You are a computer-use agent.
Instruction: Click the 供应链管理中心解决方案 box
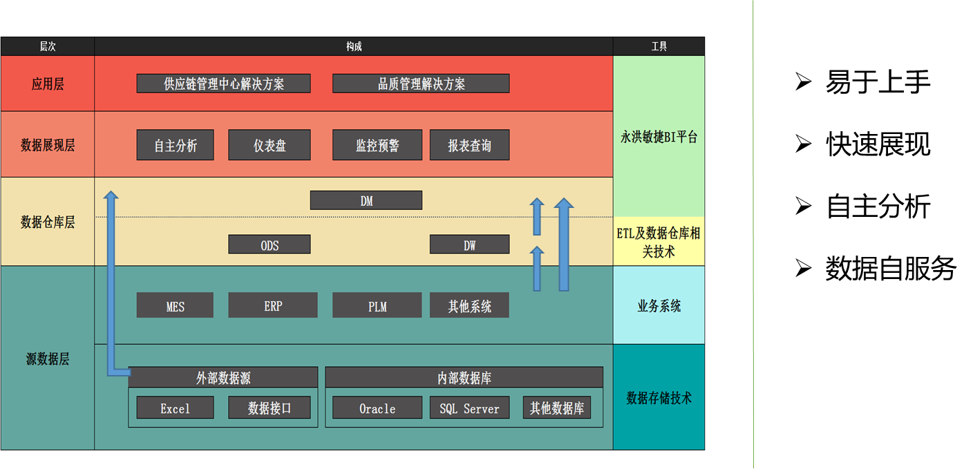[223, 84]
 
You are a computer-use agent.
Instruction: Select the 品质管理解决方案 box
[421, 84]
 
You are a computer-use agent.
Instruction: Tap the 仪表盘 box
[270, 145]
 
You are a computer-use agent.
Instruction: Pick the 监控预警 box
[377, 145]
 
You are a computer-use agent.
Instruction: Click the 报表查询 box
[469, 145]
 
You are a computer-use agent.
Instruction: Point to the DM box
[366, 200]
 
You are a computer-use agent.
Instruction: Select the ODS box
[270, 245]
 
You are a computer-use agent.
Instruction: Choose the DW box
[469, 245]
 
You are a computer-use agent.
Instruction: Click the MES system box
[175, 305]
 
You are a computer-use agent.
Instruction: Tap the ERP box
[273, 305]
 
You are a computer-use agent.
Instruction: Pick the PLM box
[377, 305]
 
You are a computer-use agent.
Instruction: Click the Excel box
[175, 408]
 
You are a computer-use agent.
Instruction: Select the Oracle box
[377, 408]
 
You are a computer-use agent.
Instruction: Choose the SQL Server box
[469, 408]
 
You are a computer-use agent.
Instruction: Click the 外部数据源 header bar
[223, 377]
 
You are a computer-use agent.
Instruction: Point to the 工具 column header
[659, 46]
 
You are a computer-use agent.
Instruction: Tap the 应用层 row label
[48, 84]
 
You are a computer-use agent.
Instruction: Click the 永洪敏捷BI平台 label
[659, 137]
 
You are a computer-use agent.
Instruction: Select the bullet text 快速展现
[878, 144]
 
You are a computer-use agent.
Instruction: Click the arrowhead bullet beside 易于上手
[803, 82]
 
